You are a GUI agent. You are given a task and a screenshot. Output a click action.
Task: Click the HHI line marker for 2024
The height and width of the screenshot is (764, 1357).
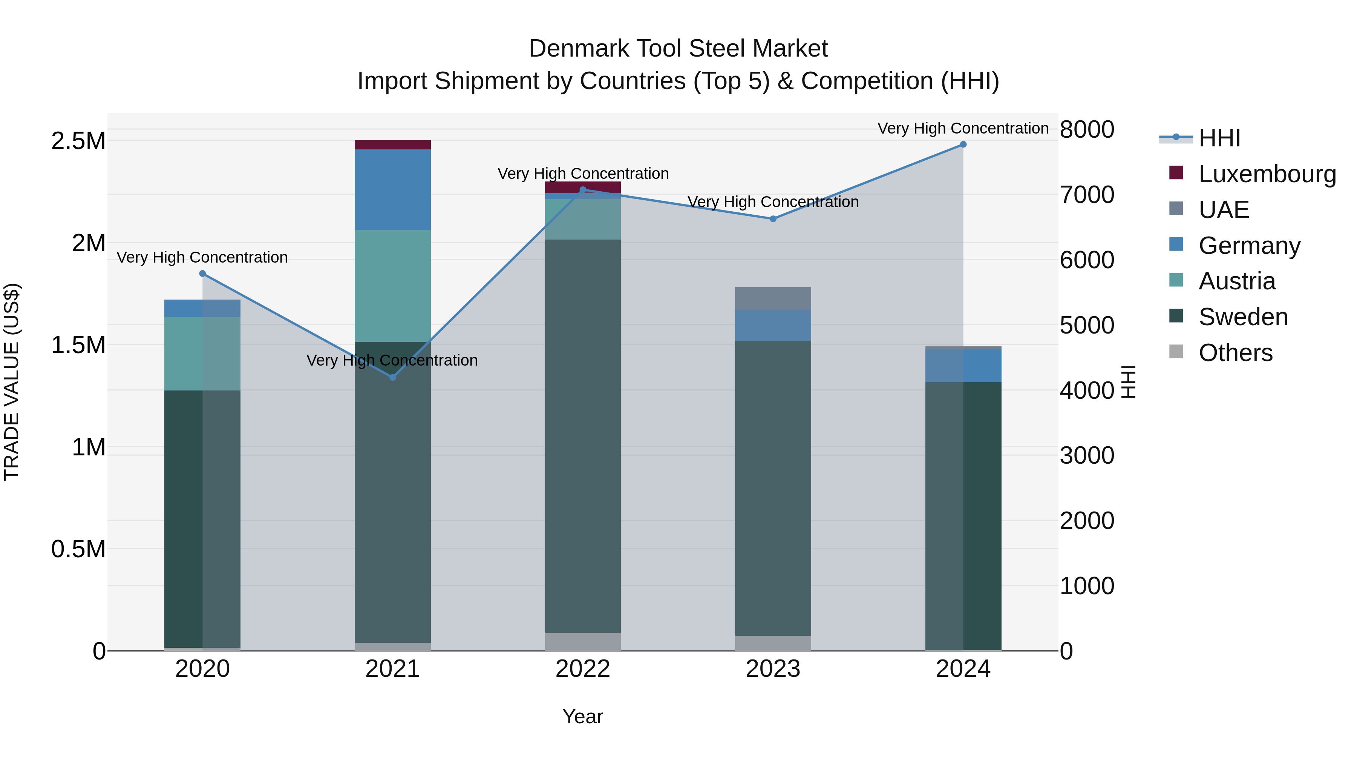[963, 144]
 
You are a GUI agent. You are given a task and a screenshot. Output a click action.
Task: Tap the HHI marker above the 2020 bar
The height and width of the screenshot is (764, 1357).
[203, 274]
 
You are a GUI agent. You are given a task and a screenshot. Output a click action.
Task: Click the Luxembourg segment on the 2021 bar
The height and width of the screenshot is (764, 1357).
[392, 145]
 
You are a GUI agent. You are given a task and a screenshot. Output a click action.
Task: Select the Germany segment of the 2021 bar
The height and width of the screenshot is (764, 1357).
[392, 190]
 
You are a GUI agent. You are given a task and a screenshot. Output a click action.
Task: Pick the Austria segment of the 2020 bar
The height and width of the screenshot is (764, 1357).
[203, 353]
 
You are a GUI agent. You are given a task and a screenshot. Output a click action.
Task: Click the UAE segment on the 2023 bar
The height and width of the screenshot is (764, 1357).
[773, 298]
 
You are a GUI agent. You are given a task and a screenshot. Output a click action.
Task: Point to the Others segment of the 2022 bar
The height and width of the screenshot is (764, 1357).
[583, 641]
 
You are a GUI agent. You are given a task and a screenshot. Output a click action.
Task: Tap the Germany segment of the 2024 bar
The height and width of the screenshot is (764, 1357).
[963, 365]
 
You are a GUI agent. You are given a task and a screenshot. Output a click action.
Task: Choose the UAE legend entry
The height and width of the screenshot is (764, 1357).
[1223, 210]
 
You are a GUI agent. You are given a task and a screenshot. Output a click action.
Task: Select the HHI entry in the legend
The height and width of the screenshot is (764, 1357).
[1219, 138]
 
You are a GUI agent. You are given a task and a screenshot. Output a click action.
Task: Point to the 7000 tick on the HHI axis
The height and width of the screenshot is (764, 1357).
[1087, 195]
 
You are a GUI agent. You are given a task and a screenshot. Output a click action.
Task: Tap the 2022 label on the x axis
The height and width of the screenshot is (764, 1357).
[583, 669]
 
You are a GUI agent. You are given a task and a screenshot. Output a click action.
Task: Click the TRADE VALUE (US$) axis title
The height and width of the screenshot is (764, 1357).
[12, 382]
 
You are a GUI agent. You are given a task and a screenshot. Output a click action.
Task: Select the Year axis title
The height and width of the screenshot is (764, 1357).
[583, 716]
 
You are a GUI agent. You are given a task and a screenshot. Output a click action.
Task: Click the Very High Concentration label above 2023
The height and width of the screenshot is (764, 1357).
[773, 202]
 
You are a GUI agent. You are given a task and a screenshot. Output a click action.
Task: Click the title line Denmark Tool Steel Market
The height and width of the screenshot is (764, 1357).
[678, 49]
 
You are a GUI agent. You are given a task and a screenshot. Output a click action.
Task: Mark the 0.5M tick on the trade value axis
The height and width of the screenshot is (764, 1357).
[78, 549]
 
